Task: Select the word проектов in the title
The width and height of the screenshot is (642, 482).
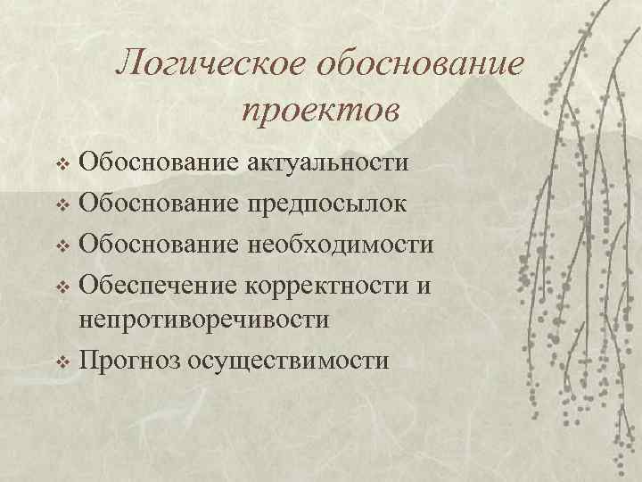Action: pos(320,110)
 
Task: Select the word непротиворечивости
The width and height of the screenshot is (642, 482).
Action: pos(204,320)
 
